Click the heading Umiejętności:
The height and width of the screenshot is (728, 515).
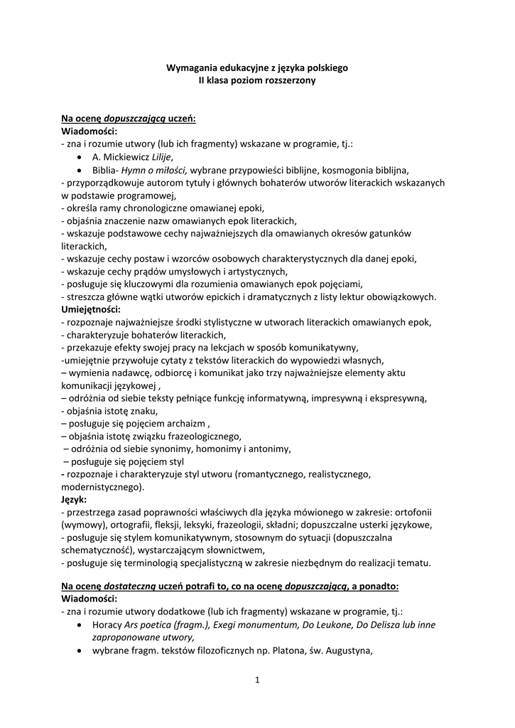(x=91, y=309)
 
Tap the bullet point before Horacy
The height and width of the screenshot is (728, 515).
(x=79, y=624)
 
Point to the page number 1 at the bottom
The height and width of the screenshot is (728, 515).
(x=257, y=680)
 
